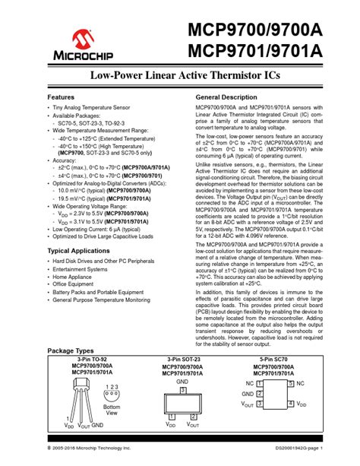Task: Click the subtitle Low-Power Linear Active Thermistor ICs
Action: (x=179, y=77)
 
